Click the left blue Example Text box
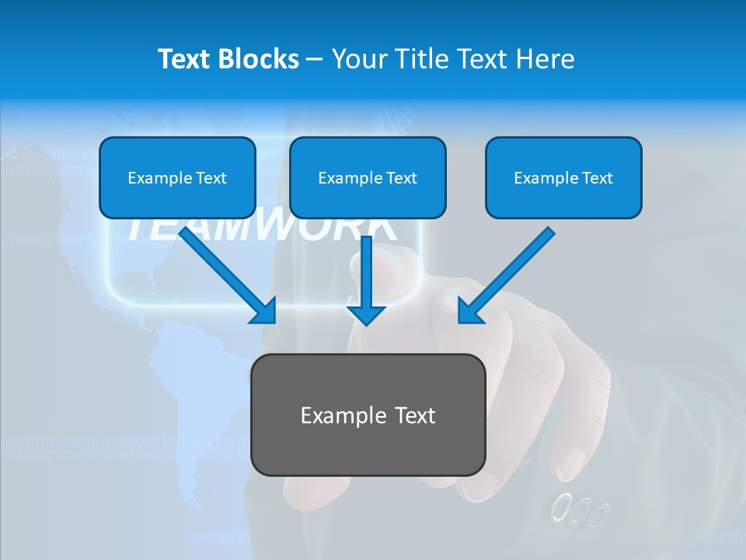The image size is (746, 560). pyautogui.click(x=177, y=177)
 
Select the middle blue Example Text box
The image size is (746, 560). pyautogui.click(x=368, y=177)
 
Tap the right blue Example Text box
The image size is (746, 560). pyautogui.click(x=563, y=177)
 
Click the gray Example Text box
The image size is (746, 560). pyautogui.click(x=368, y=415)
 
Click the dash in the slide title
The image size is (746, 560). pyautogui.click(x=315, y=59)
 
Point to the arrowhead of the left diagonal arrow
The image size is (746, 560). pyautogui.click(x=265, y=312)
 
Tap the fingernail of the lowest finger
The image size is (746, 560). pyautogui.click(x=571, y=462)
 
